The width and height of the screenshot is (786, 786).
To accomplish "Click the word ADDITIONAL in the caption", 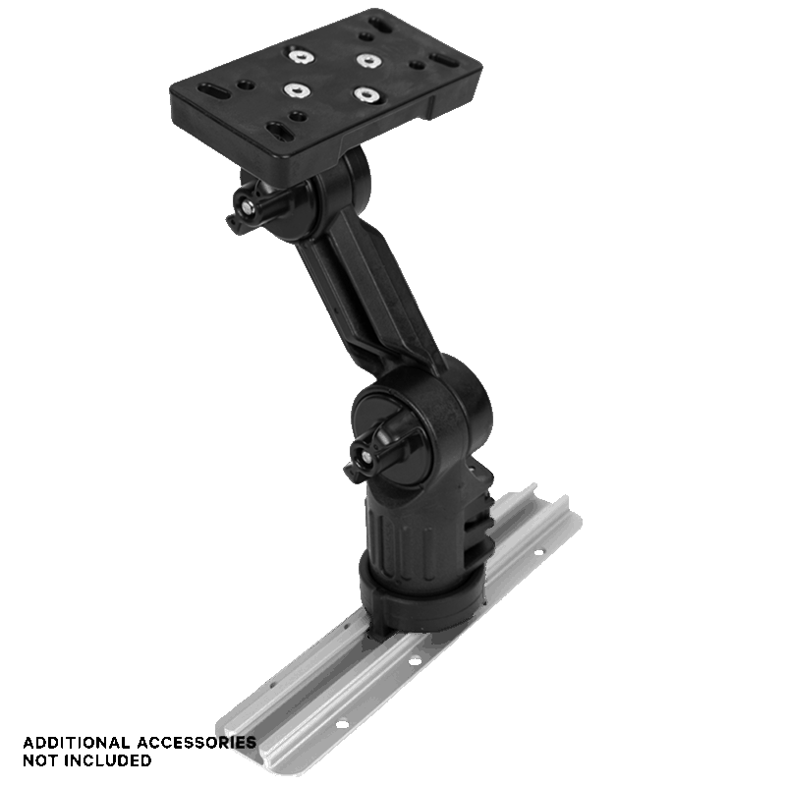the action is (77, 742).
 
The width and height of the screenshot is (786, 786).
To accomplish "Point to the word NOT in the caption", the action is (41, 760).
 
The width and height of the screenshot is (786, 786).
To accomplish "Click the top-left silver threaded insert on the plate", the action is (301, 56).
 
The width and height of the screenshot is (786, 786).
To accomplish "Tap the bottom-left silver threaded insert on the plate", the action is (296, 89).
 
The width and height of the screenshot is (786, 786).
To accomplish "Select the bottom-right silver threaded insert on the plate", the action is (365, 94).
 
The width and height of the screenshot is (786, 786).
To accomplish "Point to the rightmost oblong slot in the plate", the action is (444, 61).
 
